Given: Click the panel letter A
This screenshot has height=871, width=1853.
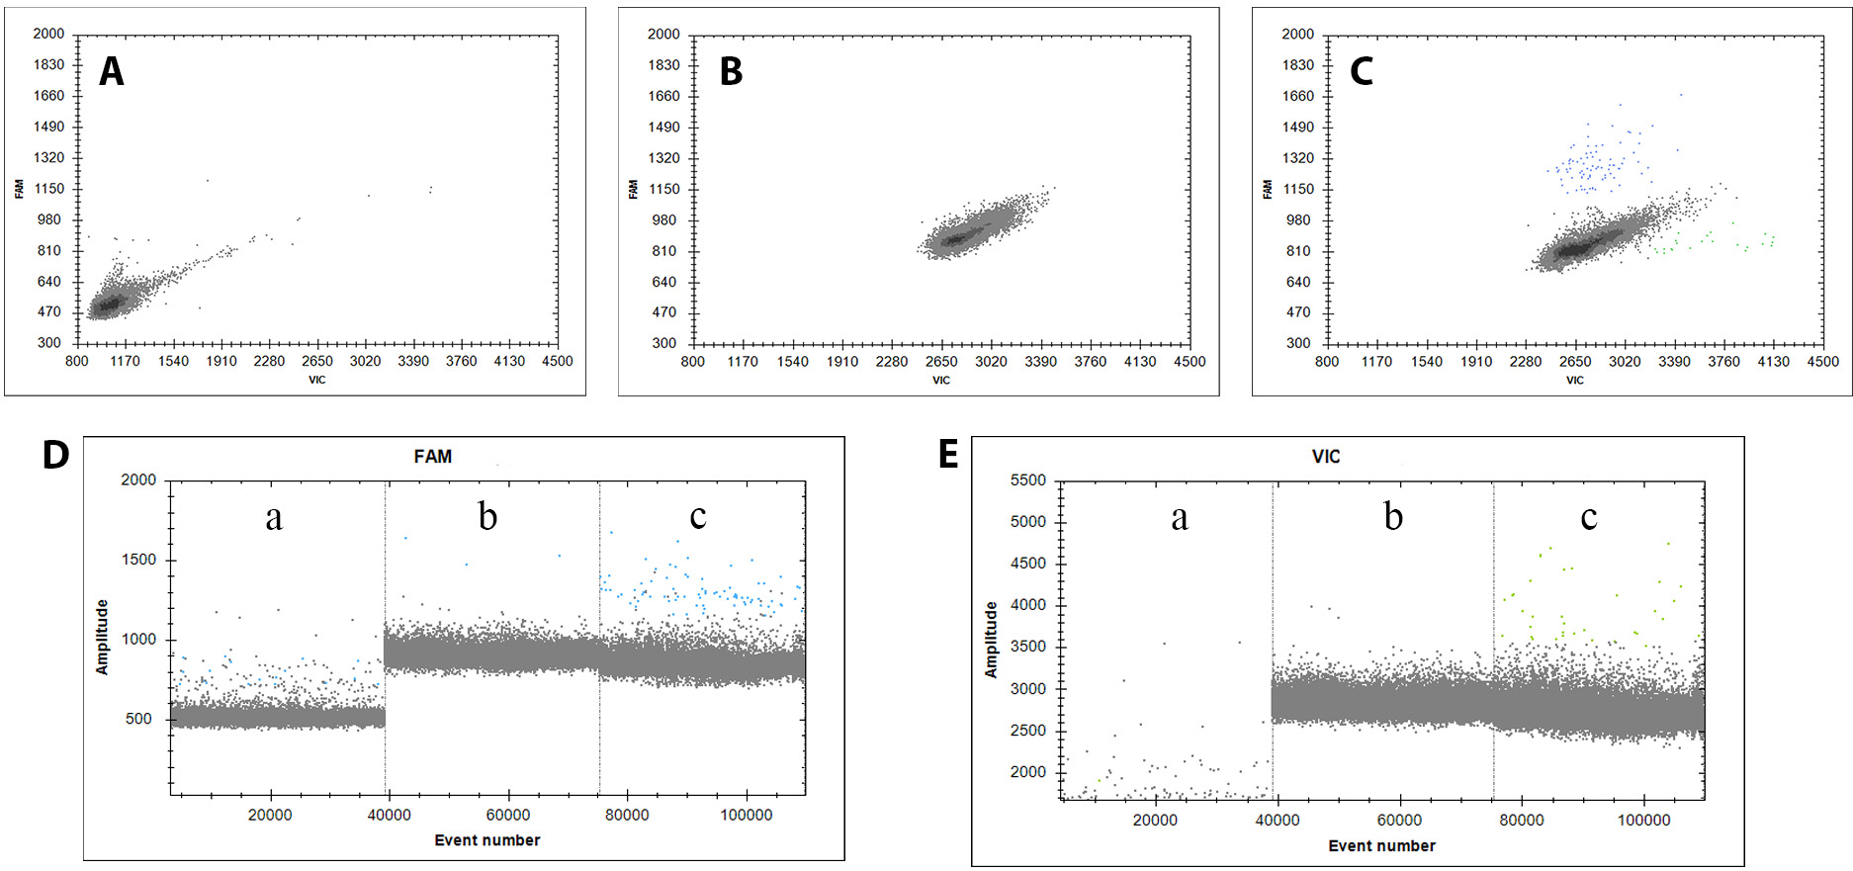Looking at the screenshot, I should click(112, 71).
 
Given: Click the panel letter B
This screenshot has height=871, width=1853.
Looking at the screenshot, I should click(731, 71).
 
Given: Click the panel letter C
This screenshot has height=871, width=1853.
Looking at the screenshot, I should click(1362, 71).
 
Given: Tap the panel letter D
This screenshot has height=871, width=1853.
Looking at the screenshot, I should click(56, 455).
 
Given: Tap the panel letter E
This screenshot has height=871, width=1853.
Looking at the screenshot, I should click(948, 455).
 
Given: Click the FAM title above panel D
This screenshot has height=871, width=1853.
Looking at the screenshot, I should click(433, 457).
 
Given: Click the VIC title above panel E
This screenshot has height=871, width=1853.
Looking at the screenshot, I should click(1326, 457).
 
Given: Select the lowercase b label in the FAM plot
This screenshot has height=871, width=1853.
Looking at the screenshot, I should click(487, 515).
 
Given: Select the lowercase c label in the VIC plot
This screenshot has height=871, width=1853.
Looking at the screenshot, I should click(1588, 516).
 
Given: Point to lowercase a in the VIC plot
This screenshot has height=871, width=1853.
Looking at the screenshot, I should click(1180, 516).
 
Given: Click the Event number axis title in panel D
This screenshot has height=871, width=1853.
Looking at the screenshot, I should click(487, 840).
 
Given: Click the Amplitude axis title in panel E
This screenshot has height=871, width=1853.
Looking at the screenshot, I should click(991, 640).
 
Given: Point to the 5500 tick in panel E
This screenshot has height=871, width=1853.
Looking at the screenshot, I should click(1028, 480).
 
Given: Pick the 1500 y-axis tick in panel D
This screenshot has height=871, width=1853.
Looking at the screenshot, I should click(138, 560).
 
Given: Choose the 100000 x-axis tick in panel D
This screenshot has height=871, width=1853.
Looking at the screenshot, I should click(746, 815).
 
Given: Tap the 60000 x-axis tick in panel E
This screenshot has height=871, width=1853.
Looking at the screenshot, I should click(1399, 820).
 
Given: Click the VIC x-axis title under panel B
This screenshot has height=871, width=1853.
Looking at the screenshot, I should click(941, 381).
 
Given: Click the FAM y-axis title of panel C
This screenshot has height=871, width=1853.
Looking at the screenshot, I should click(1268, 189).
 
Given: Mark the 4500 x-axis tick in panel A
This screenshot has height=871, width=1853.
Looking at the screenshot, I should click(558, 361).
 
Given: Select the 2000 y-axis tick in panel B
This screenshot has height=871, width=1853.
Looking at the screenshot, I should click(663, 35).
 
